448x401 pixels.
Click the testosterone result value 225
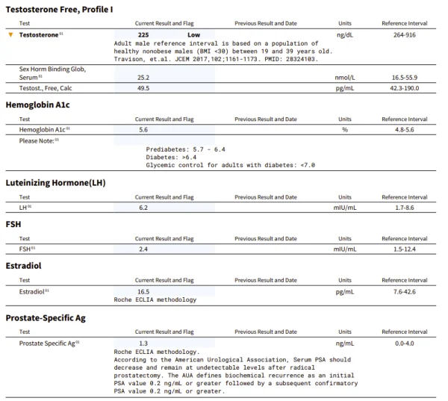144,34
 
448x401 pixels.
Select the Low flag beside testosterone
196,34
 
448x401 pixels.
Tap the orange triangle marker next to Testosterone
10,34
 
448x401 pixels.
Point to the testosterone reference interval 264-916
404,34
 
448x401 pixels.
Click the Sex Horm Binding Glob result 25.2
144,77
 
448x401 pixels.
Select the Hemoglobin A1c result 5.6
143,129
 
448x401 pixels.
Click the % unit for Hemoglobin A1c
345,129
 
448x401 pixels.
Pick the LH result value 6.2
143,207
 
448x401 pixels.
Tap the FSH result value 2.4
143,248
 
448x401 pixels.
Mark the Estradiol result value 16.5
144,291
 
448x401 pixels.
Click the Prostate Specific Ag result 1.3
143,343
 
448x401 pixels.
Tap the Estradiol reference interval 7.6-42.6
404,291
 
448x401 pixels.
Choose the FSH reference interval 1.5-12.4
404,248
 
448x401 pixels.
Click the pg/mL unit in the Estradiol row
344,291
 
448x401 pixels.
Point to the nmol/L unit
344,77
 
